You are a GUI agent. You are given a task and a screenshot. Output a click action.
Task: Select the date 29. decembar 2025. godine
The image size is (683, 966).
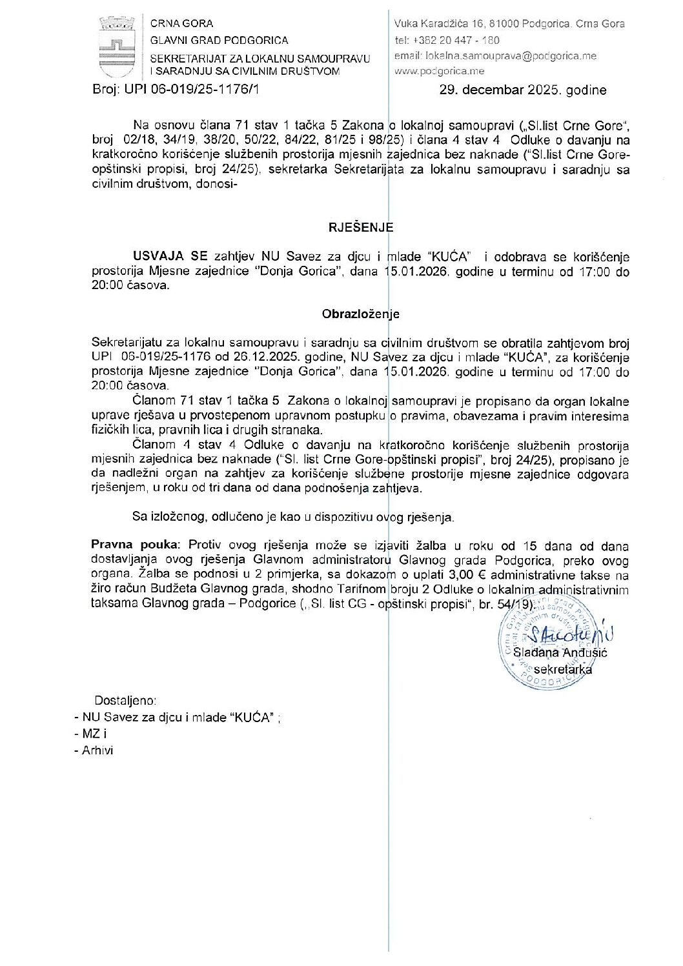522,90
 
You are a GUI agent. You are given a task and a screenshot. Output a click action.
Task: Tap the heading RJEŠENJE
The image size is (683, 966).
360,227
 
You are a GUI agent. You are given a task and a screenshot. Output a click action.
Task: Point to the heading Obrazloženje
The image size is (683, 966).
360,314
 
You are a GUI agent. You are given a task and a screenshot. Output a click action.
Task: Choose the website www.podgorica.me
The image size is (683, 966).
439,71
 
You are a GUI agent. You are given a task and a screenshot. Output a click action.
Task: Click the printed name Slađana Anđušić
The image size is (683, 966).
560,652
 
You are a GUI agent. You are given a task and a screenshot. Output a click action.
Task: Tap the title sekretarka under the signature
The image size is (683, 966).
562,669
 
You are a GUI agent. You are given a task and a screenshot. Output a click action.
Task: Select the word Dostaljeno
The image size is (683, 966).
125,700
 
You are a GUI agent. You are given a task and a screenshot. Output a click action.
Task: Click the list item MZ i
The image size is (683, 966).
94,734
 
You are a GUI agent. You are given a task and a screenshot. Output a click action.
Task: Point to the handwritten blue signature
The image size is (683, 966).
568,636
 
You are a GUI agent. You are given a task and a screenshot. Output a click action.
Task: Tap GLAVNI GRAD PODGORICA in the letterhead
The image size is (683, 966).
219,40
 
